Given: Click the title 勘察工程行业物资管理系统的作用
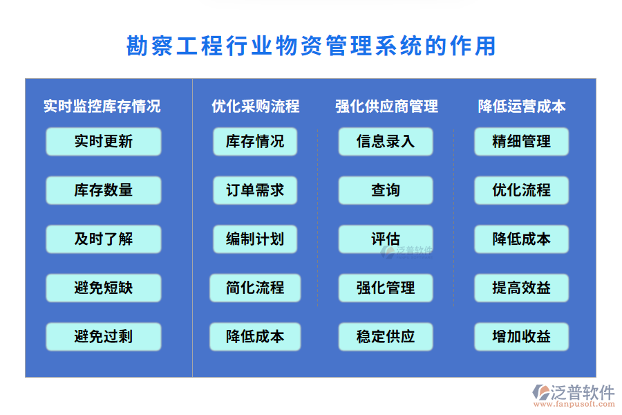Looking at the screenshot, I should [311, 46].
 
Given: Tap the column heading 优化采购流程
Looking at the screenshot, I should [256, 106].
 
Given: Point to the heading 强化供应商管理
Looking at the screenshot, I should [386, 106].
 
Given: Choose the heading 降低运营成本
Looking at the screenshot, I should [522, 106].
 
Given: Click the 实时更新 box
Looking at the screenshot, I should [104, 142].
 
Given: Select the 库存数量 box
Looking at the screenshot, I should [104, 190].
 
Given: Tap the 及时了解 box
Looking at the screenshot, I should [104, 239].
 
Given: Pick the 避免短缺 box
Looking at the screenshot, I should [104, 288].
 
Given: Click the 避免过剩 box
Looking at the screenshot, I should [104, 337].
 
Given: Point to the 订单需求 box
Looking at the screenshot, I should [255, 190].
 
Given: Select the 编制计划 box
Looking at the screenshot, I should [255, 239].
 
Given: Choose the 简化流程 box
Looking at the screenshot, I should [255, 288].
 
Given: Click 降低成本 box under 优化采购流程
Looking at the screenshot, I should [255, 337].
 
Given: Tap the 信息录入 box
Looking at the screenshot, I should [386, 142].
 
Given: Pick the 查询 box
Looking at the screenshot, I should [386, 190].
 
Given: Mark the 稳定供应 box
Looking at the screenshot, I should [386, 337].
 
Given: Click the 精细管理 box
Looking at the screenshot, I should [522, 142].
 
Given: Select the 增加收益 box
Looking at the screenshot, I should [522, 337].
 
